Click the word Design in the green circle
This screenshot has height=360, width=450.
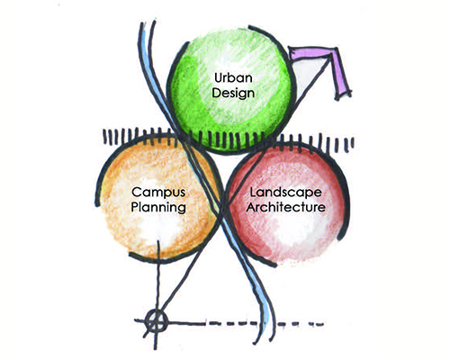coord(233,93)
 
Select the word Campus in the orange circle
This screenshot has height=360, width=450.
coord(158,193)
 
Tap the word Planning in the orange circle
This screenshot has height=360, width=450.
coord(158,208)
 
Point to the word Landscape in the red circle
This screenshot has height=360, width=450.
coord(285,193)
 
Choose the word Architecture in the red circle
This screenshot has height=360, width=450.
coord(285,207)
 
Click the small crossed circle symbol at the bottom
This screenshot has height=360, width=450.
coord(156,321)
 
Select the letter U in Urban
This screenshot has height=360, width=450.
coord(219,77)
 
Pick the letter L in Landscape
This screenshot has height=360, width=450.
coord(253,193)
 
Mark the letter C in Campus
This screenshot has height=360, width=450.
coord(137,193)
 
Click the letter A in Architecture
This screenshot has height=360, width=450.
coord(251,207)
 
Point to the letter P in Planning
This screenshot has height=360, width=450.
coord(135,207)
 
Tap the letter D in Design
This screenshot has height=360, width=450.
coord(217,93)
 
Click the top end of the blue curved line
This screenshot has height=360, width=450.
coord(142,23)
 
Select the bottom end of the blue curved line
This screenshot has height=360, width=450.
coord(272,339)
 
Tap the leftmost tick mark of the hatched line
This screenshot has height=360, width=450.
coord(105,137)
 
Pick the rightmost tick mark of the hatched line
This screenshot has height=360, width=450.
coord(353,143)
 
